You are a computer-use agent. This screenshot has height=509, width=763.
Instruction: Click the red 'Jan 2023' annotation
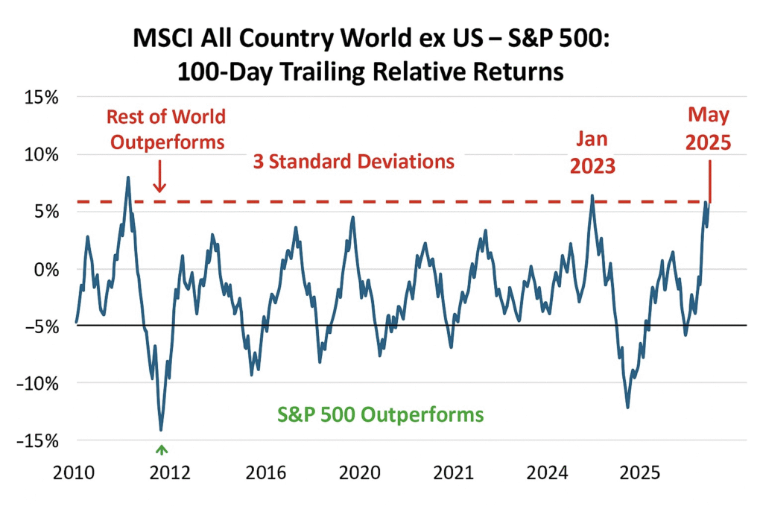pos(593,153)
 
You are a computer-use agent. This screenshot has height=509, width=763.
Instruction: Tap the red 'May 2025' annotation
pos(709,129)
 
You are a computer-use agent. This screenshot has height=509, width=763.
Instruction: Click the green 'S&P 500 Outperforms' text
pos(381,414)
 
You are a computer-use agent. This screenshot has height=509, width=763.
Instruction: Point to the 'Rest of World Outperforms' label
pos(165,129)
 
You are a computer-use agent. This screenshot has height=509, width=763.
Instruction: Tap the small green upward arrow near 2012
pos(161,449)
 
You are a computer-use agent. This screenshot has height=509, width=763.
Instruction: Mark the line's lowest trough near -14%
pos(161,429)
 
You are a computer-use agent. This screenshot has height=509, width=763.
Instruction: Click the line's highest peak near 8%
pos(128,177)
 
